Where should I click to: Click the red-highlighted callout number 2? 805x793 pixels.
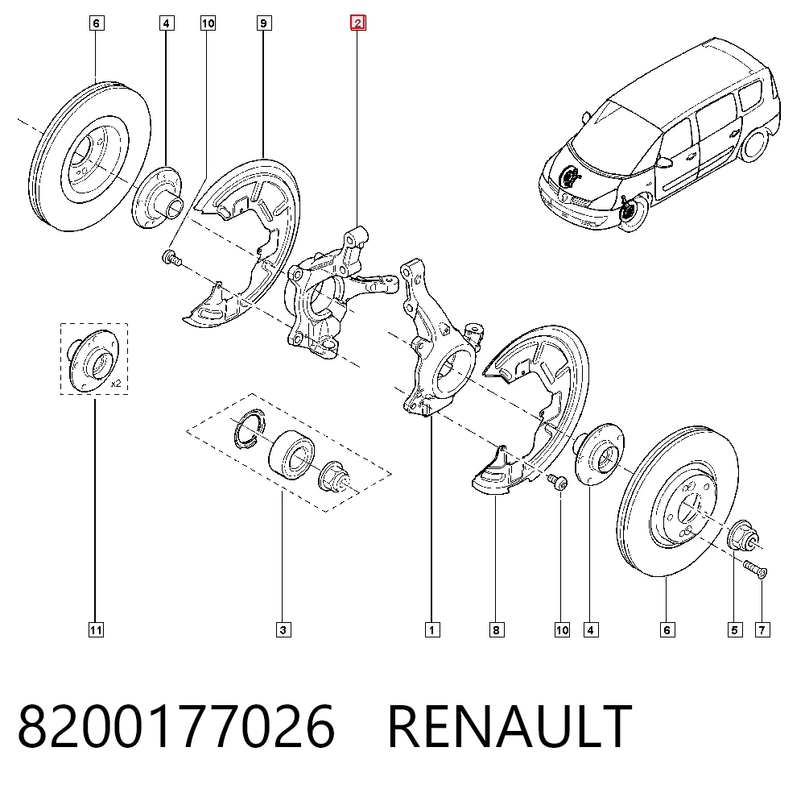[358, 23]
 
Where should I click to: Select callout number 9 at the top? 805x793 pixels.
[264, 23]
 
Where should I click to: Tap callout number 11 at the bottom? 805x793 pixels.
[96, 630]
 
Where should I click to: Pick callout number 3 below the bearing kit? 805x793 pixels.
[283, 630]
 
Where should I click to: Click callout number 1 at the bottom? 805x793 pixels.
[432, 630]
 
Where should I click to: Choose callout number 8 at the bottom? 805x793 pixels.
[497, 630]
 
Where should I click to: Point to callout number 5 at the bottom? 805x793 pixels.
[735, 630]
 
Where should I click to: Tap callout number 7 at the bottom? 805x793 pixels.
[762, 630]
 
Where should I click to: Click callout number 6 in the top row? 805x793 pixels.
[97, 23]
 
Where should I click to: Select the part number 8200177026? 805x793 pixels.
[176, 726]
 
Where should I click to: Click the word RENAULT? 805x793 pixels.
[510, 726]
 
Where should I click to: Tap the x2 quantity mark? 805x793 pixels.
[116, 384]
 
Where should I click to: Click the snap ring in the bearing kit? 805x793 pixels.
[250, 428]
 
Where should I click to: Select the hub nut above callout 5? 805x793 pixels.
[743, 536]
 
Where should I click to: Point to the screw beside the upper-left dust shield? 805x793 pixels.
[171, 257]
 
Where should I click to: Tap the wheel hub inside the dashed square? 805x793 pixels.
[93, 359]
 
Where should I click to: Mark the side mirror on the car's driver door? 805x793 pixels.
[664, 162]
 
